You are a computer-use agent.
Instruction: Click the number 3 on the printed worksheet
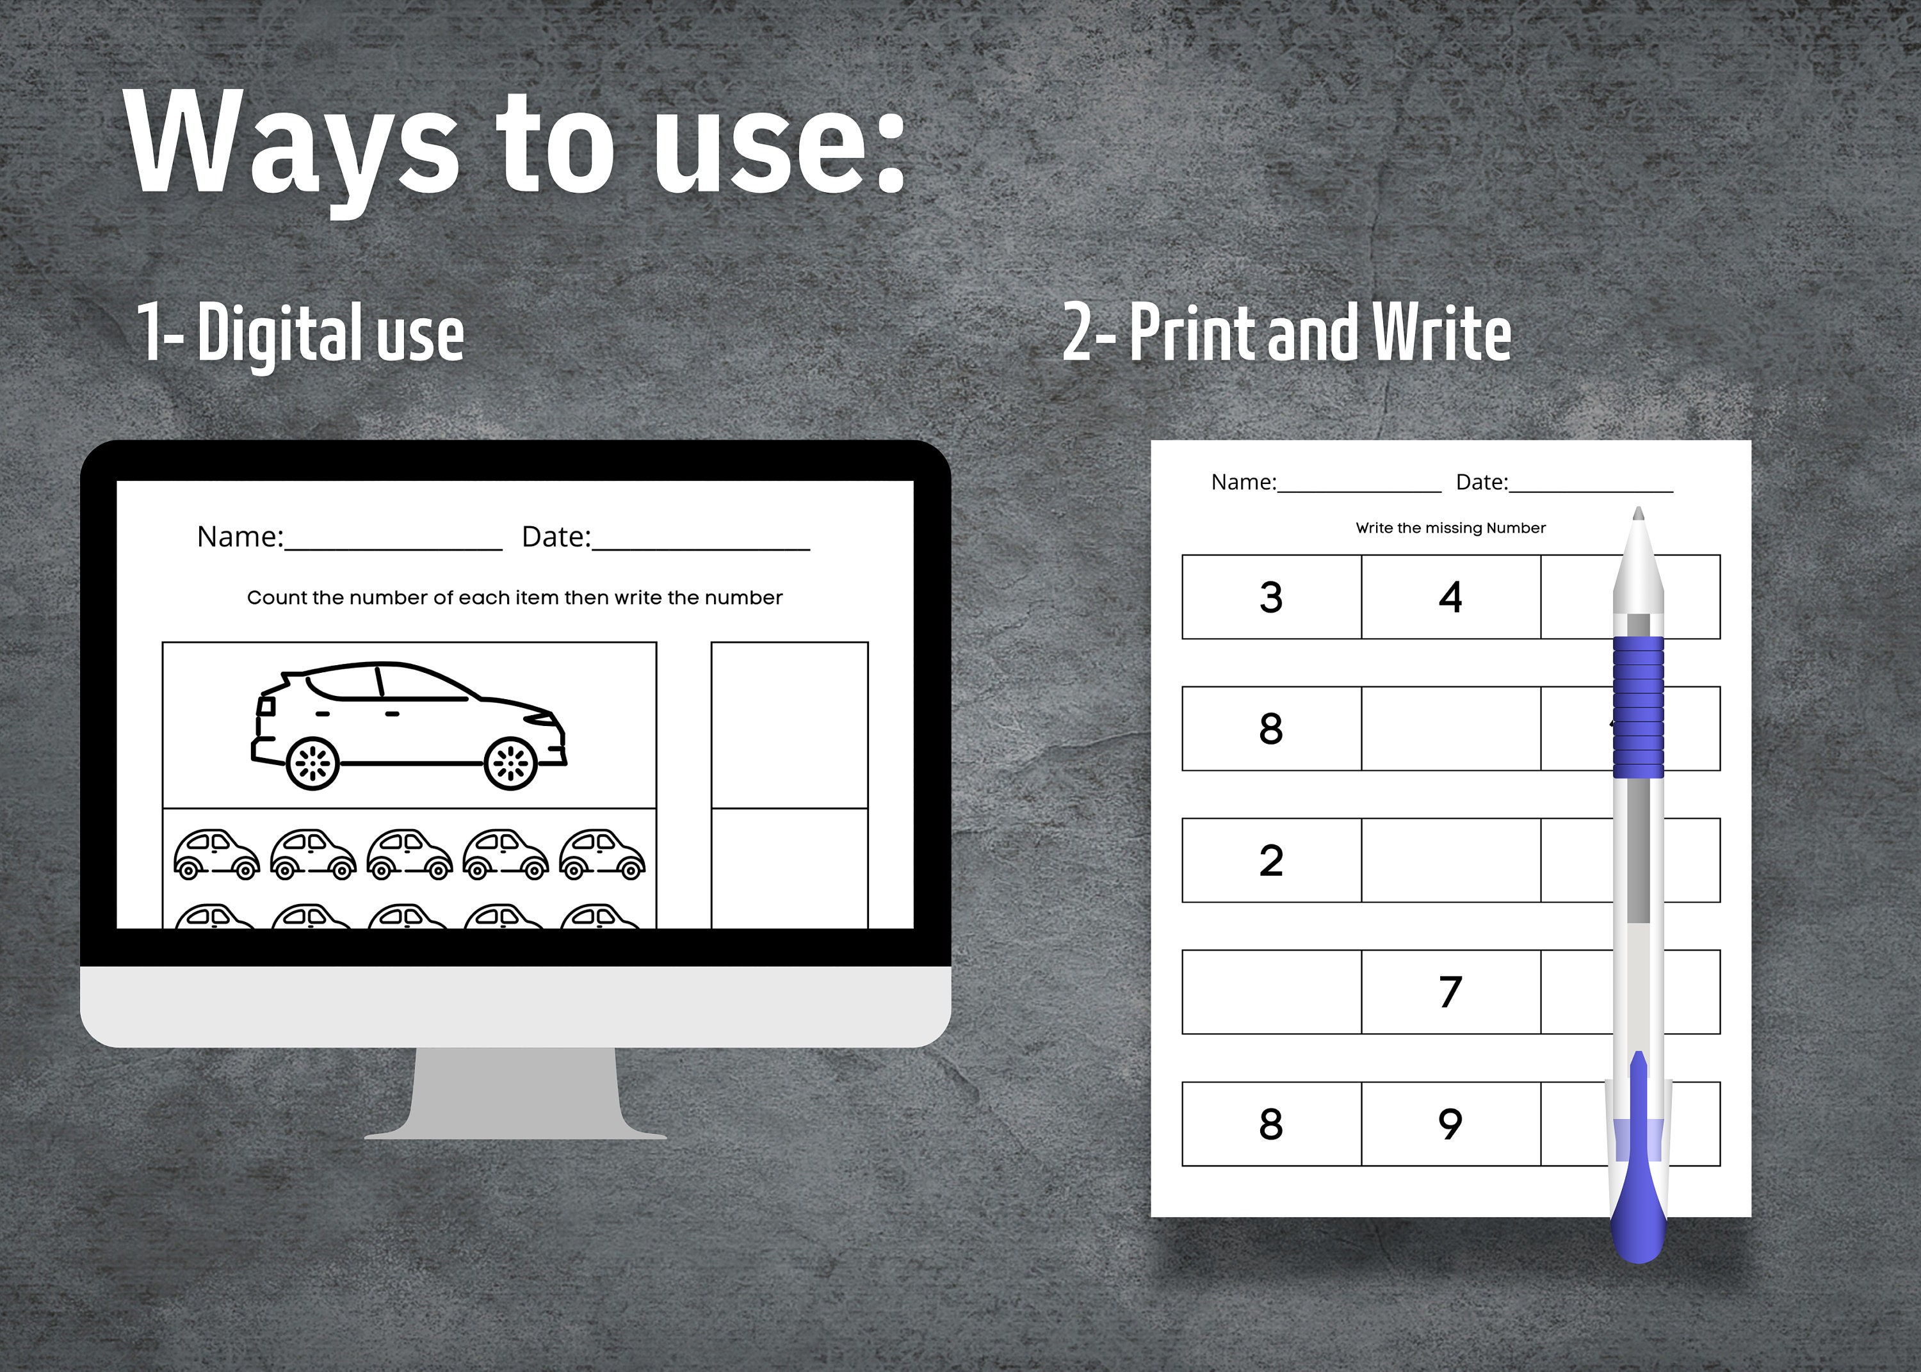[x=1271, y=597]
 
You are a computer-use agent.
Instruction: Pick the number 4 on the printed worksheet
[x=1450, y=597]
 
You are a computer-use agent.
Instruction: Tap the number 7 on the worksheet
[x=1450, y=992]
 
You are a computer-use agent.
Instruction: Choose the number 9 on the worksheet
[x=1450, y=1124]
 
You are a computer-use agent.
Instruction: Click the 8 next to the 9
[x=1271, y=1124]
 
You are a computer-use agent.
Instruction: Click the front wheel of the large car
[x=511, y=764]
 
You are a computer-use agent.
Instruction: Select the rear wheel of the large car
[x=312, y=764]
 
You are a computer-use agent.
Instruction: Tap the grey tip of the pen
[x=1638, y=513]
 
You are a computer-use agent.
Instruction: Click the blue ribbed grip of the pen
[x=1638, y=707]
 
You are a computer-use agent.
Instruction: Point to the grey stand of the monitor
[x=515, y=1094]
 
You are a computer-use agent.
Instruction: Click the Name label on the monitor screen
[x=241, y=537]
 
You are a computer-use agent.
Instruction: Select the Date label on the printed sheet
[x=1482, y=482]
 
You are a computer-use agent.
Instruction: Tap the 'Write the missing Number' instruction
[x=1450, y=528]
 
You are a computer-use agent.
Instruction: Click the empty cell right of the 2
[x=1450, y=860]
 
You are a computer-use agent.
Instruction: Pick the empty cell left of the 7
[x=1271, y=992]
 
